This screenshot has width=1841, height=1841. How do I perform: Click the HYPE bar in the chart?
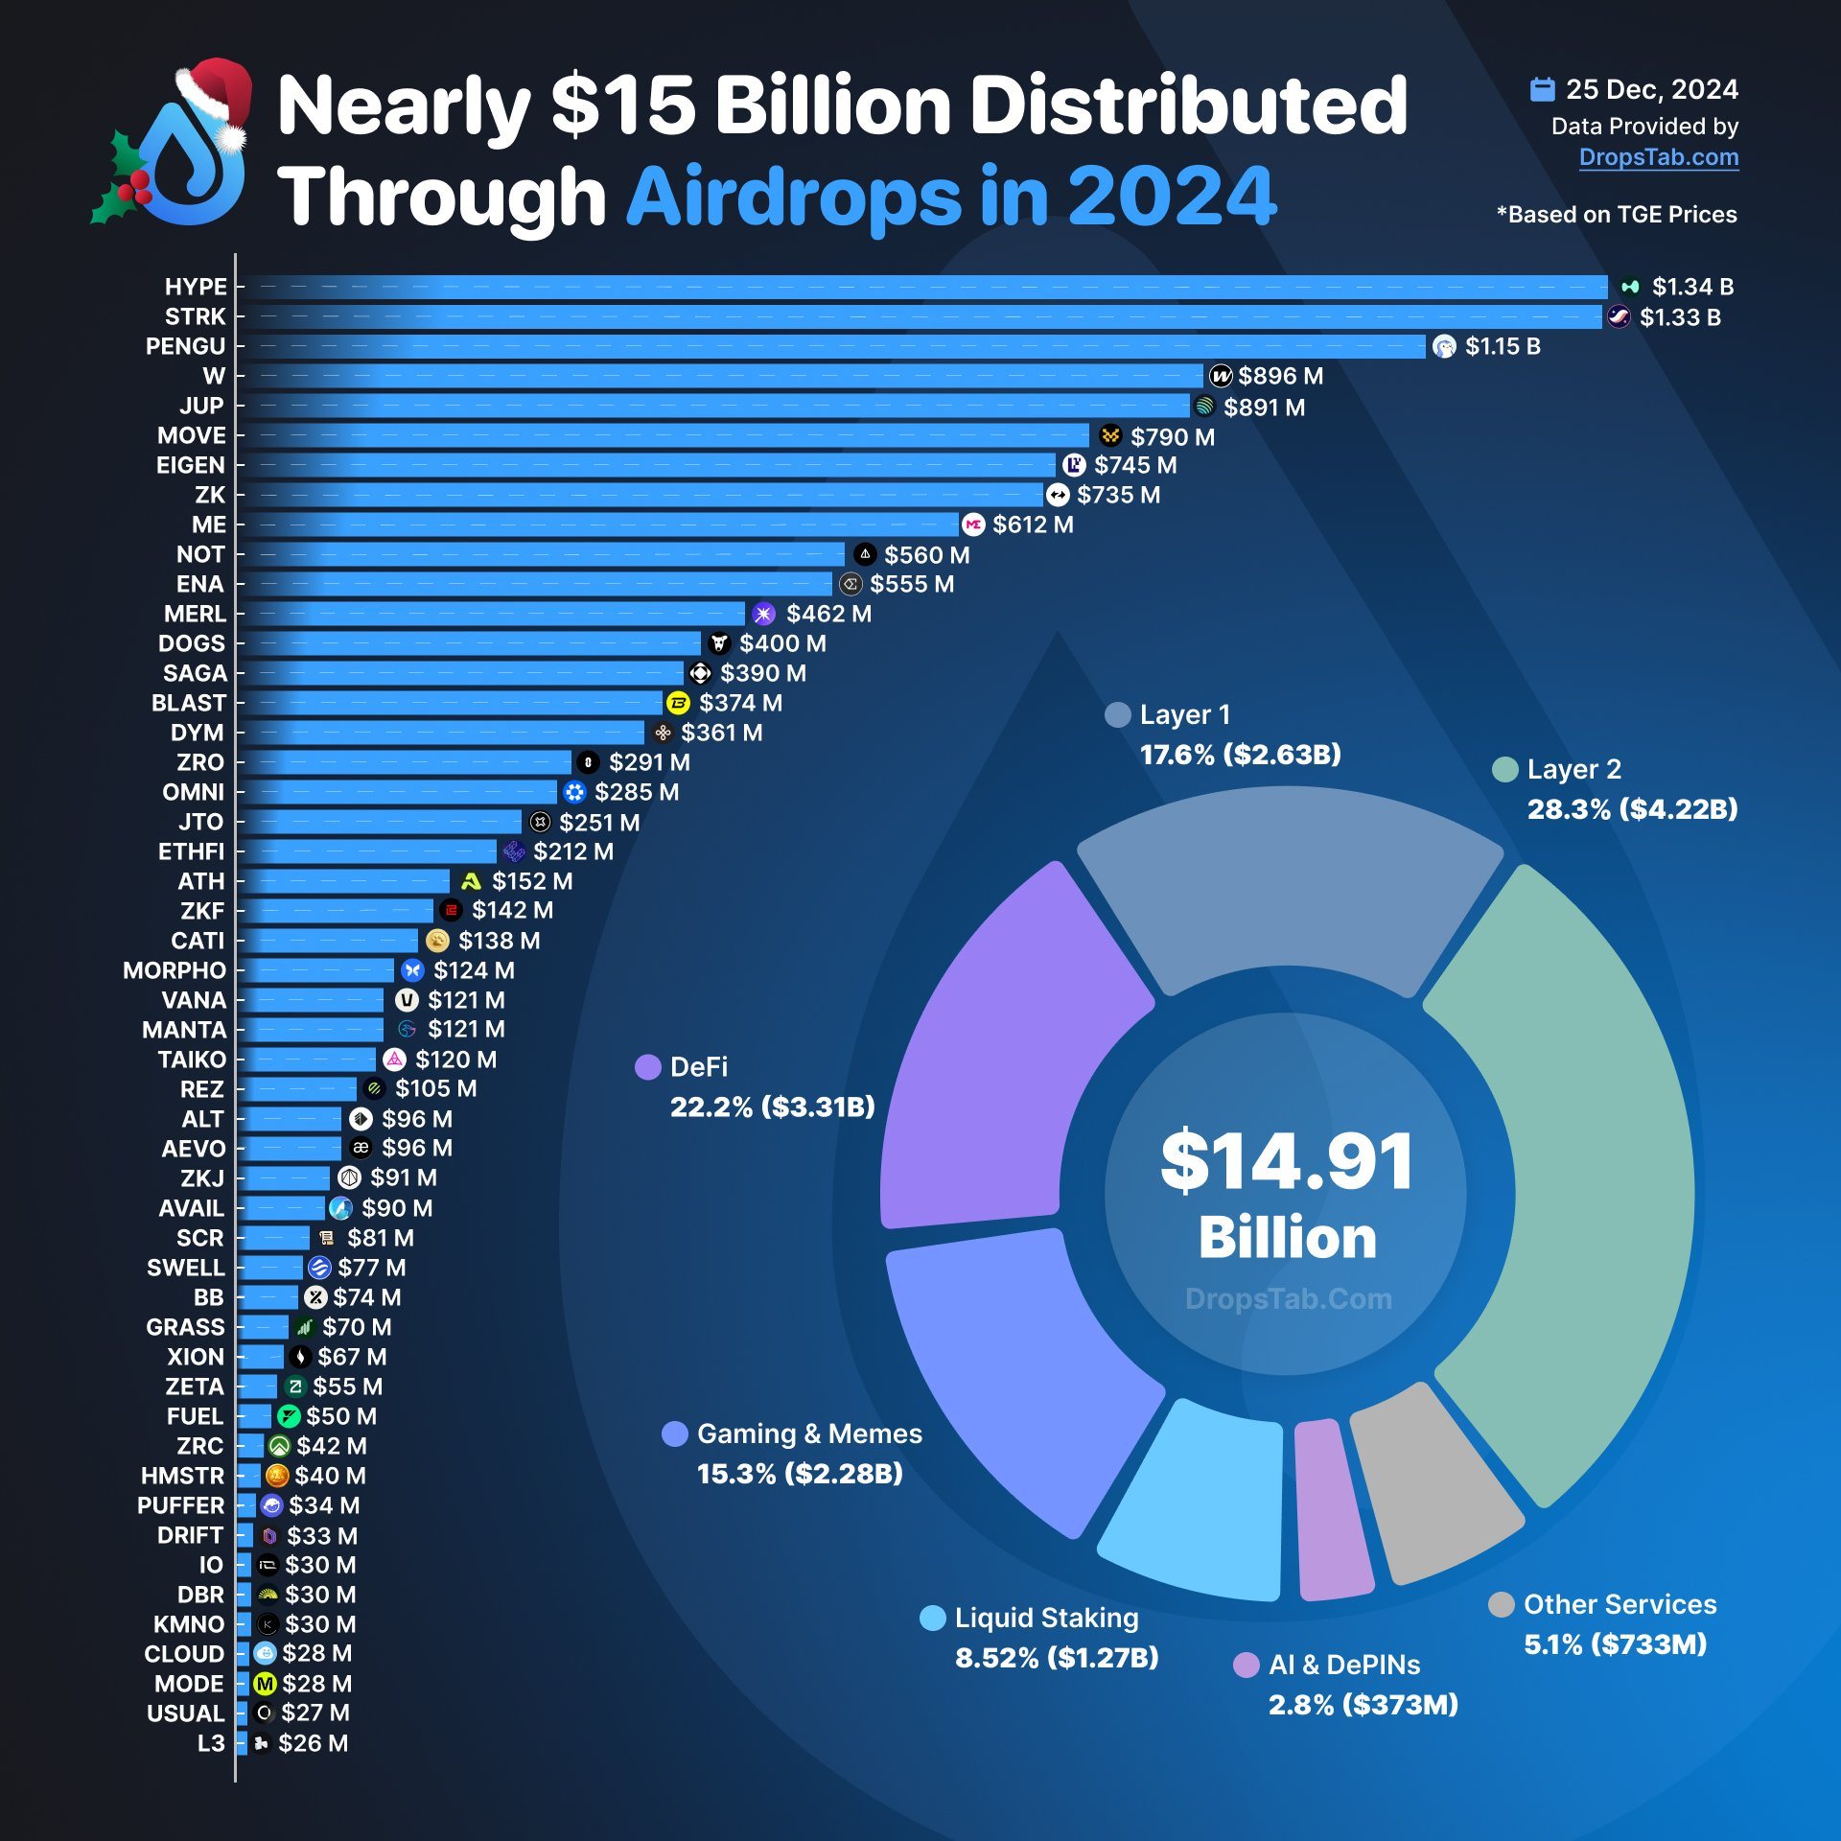[920, 287]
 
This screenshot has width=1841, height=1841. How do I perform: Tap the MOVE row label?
[192, 435]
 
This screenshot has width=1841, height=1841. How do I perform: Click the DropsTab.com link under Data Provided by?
[1658, 157]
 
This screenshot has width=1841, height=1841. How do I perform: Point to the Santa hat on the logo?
[217, 96]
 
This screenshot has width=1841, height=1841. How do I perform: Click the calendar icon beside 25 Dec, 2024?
[1542, 89]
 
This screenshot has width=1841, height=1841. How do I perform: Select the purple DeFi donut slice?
[1007, 1045]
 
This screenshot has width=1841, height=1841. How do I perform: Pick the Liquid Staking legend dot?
[932, 1618]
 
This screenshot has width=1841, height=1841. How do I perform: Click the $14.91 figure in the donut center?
[1287, 1161]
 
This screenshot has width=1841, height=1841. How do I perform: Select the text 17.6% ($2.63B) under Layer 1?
[1240, 755]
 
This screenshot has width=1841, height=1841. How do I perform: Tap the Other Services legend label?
[1620, 1604]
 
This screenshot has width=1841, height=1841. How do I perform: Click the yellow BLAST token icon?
[678, 703]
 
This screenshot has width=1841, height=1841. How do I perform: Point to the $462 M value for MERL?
[828, 614]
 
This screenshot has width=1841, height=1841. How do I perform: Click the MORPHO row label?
[175, 970]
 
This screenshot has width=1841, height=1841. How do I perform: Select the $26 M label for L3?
[313, 1743]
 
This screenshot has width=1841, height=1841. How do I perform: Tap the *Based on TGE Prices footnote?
[1617, 215]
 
